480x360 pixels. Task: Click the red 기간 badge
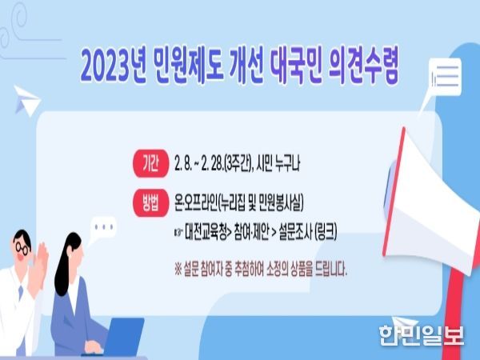[150, 164]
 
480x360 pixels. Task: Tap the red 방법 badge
[150, 203]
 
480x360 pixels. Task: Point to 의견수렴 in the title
[364, 67]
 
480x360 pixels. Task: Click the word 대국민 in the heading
[296, 67]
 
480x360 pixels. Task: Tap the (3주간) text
[238, 164]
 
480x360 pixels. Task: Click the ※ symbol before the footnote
[178, 270]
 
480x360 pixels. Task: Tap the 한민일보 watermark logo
[422, 335]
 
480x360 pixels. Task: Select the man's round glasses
[22, 248]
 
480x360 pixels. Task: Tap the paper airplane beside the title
[26, 101]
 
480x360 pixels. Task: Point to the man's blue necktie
[21, 292]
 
